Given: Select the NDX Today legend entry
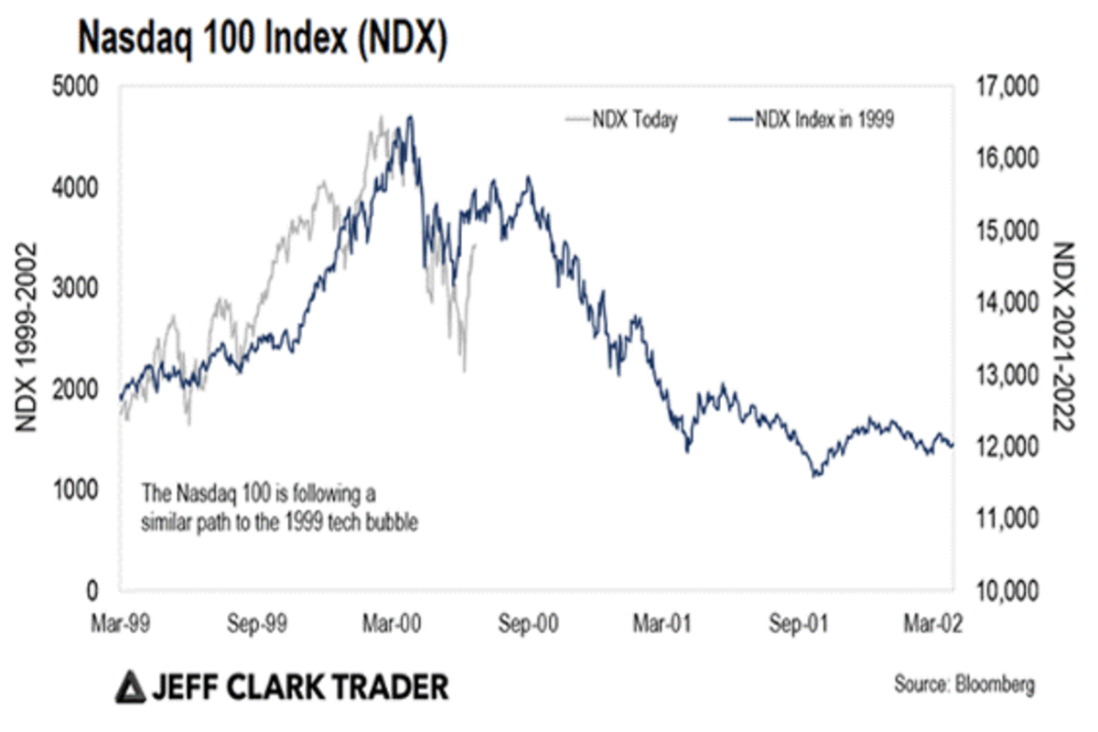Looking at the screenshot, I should coord(622,121).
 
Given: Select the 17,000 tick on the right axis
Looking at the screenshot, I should coord(1005,88).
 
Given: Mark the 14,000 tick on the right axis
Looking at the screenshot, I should coord(1005,303).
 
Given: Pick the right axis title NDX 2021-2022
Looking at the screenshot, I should coord(1065,339).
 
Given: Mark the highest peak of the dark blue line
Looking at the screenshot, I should coord(411,116).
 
